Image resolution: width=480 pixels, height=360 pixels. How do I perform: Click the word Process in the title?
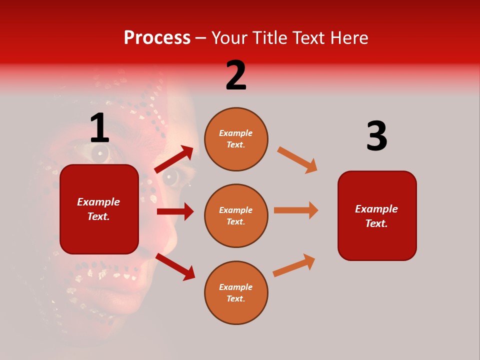point(157,38)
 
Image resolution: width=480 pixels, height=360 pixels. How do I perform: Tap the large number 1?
point(99,129)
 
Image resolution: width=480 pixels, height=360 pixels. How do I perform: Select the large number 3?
point(376,136)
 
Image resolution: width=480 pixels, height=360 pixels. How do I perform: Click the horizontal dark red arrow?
point(175,211)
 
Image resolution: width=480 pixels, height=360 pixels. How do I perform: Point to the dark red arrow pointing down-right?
point(175,266)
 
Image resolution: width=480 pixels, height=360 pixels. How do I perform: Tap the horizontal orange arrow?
point(296,210)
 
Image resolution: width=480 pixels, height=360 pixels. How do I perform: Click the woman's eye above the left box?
point(100,152)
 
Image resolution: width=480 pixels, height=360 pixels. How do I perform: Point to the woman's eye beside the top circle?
point(171,177)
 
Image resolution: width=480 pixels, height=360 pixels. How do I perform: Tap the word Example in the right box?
point(376,209)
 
